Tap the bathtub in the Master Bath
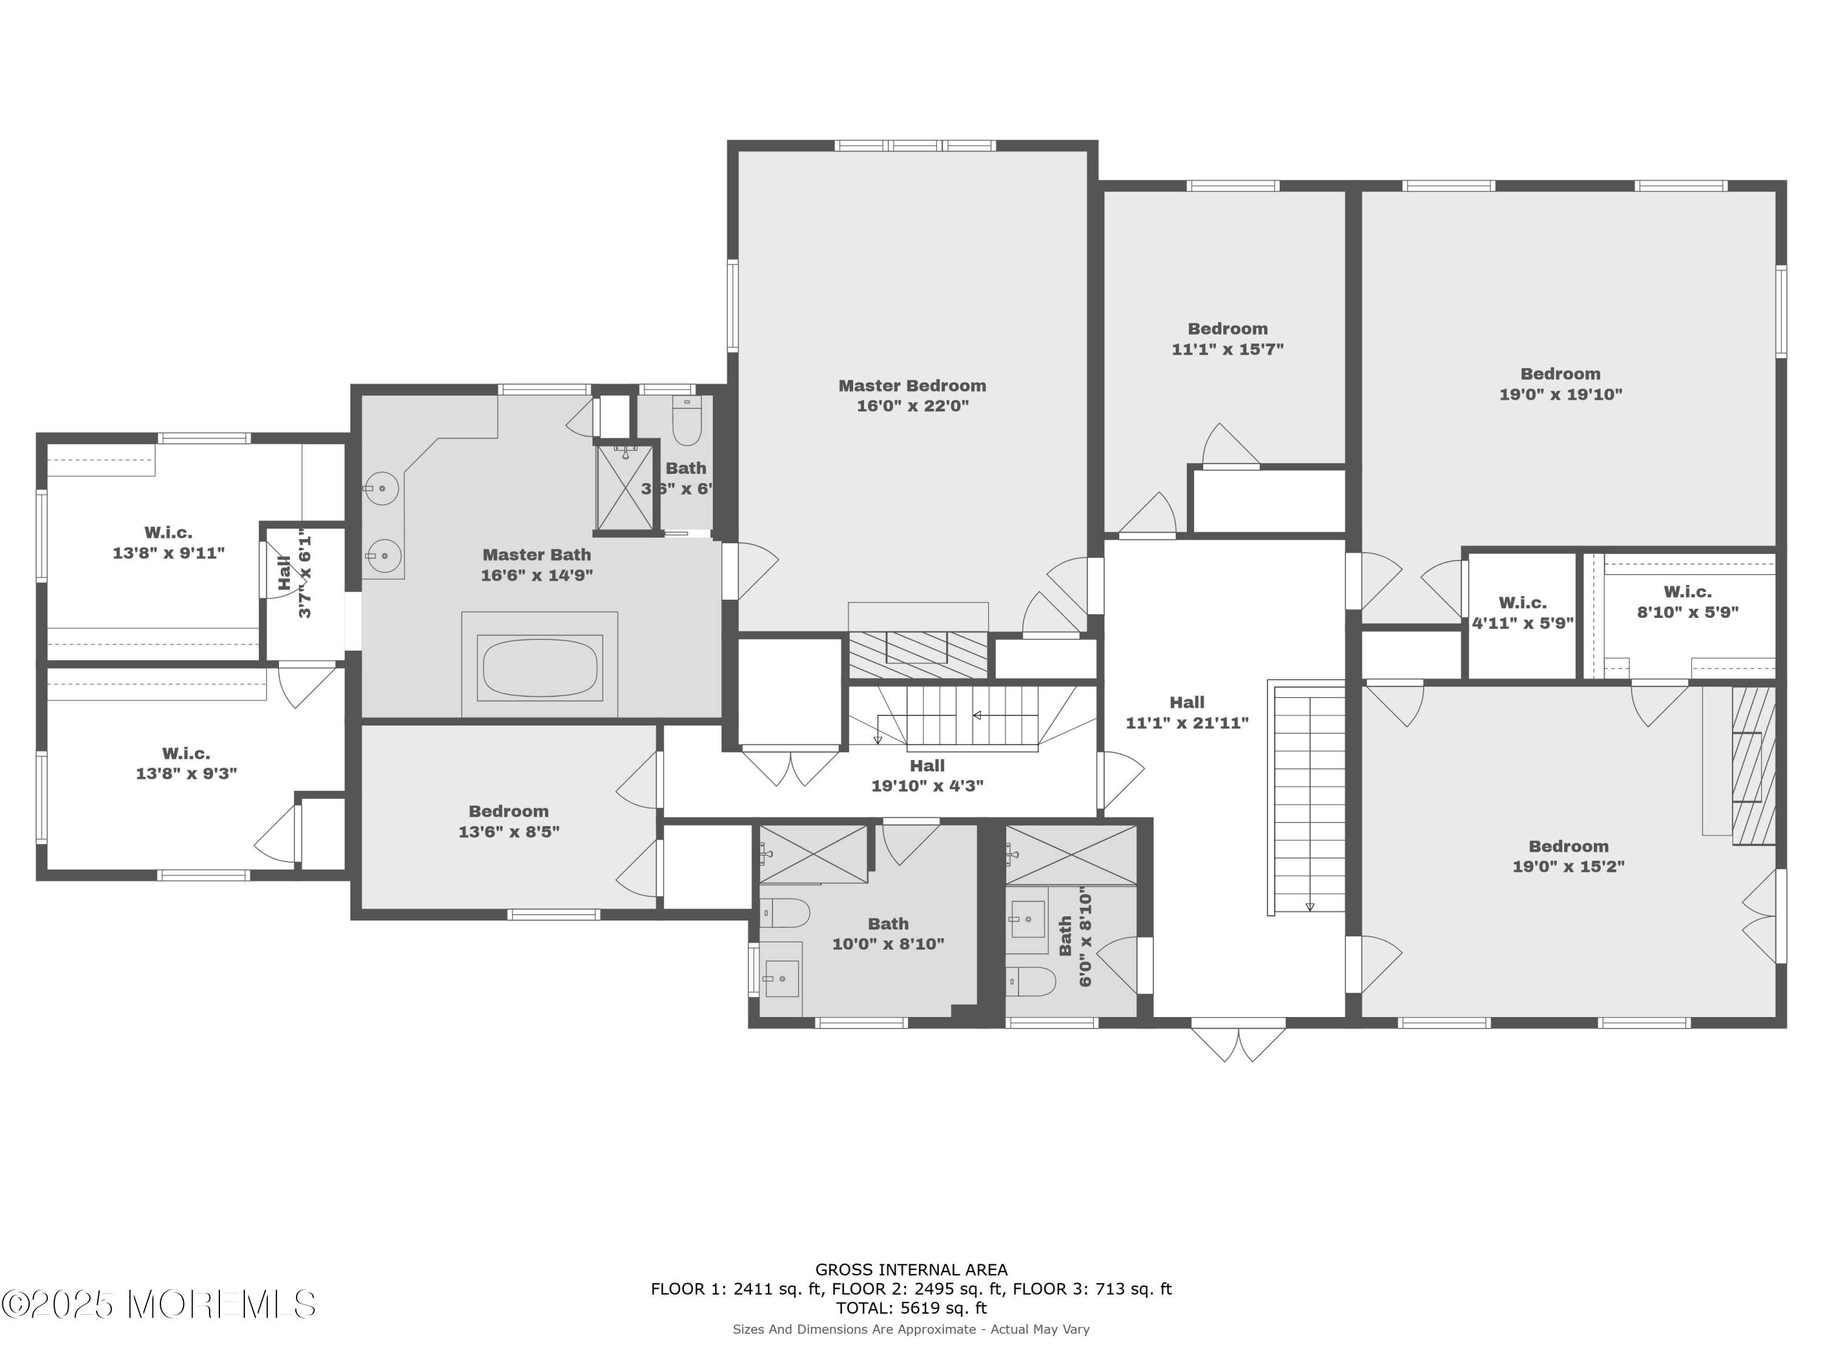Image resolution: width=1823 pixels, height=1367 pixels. pos(540,668)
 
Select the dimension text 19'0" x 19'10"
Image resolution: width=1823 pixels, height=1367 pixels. pos(1560,395)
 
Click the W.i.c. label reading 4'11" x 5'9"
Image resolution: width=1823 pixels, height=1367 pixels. pos(1522,613)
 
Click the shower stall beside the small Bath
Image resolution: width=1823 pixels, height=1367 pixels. pos(625,488)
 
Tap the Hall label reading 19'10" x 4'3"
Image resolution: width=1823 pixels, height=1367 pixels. pos(927,775)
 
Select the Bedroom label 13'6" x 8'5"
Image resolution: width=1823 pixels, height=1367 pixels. pos(509,821)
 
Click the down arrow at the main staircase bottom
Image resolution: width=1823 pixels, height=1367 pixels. pos(1310,906)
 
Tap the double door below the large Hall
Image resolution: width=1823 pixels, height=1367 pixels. pos(1238,1041)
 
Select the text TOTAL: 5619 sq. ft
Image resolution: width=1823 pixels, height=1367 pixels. pos(911,1307)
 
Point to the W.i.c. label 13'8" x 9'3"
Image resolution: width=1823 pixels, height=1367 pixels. pos(187,763)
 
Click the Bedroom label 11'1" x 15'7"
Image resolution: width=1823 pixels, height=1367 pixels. pos(1227,338)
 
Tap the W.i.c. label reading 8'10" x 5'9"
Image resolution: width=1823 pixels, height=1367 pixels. pos(1687,602)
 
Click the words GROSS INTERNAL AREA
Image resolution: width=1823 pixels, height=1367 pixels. pos(911,1270)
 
